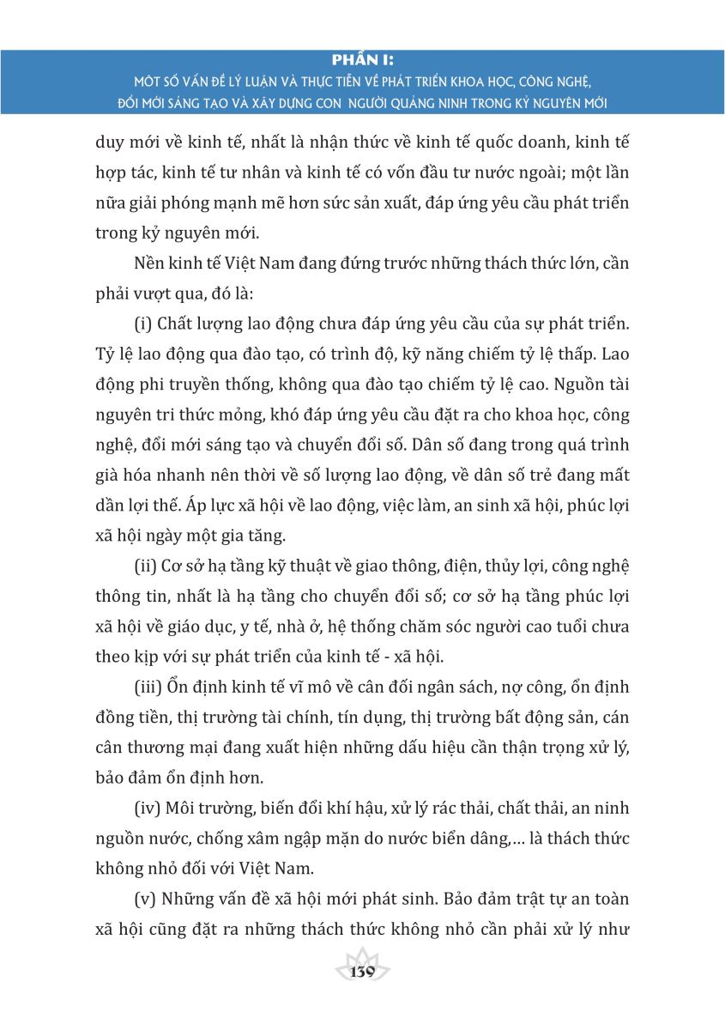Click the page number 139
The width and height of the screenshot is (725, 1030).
[x=363, y=972]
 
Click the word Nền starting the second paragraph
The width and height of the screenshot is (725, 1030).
[x=150, y=263]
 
